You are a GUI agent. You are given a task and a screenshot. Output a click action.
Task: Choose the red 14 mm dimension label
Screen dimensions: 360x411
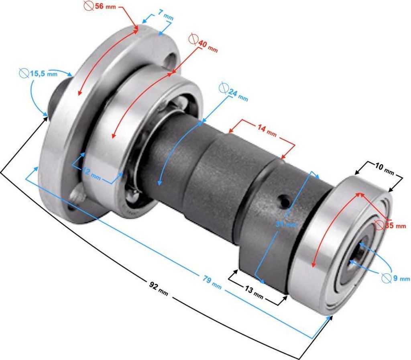pyautogui.click(x=267, y=131)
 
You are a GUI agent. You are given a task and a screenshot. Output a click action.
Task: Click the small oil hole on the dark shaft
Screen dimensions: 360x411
pyautogui.click(x=284, y=200)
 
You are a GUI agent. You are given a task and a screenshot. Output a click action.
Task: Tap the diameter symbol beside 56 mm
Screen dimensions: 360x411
pyautogui.click(x=89, y=6)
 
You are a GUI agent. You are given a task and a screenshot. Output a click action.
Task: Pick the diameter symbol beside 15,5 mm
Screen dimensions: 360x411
pyautogui.click(x=24, y=73)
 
